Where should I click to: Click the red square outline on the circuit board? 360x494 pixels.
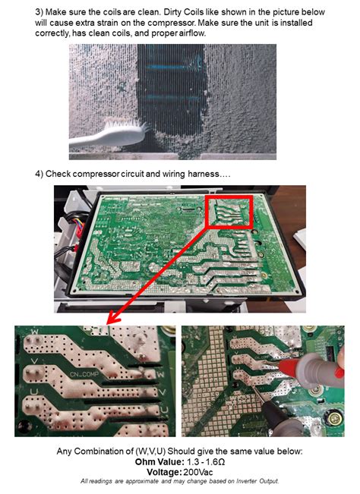point(229,212)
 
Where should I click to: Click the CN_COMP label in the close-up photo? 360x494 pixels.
point(84,374)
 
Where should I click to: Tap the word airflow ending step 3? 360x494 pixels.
point(192,33)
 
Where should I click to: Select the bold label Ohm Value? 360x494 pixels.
point(159,462)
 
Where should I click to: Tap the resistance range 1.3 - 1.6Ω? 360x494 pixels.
point(206,462)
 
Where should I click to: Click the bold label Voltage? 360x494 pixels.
point(164,472)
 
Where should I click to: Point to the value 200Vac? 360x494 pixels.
point(198,472)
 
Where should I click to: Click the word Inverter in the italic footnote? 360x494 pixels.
point(247,481)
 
